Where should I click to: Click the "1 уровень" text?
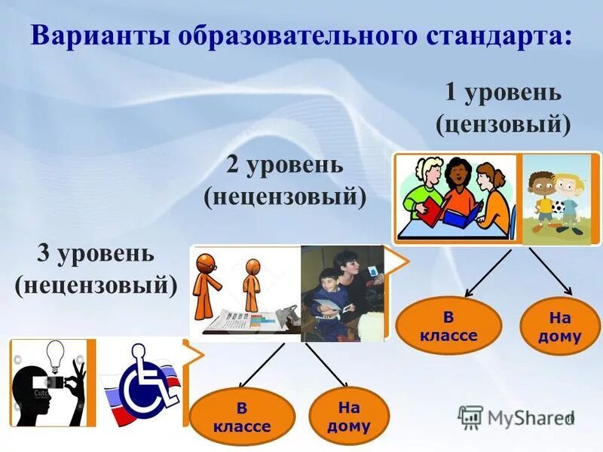coord(503,93)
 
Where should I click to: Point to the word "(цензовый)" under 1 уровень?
coord(503,122)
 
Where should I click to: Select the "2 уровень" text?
coord(285,165)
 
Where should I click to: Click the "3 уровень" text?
coord(96,253)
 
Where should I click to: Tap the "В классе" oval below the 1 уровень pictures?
coord(448,326)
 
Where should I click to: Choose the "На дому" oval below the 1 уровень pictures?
coord(559,326)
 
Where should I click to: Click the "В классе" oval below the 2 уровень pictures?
coord(242,417)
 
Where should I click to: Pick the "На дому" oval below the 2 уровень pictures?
coord(349,417)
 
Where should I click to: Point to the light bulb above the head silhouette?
coord(57,355)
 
